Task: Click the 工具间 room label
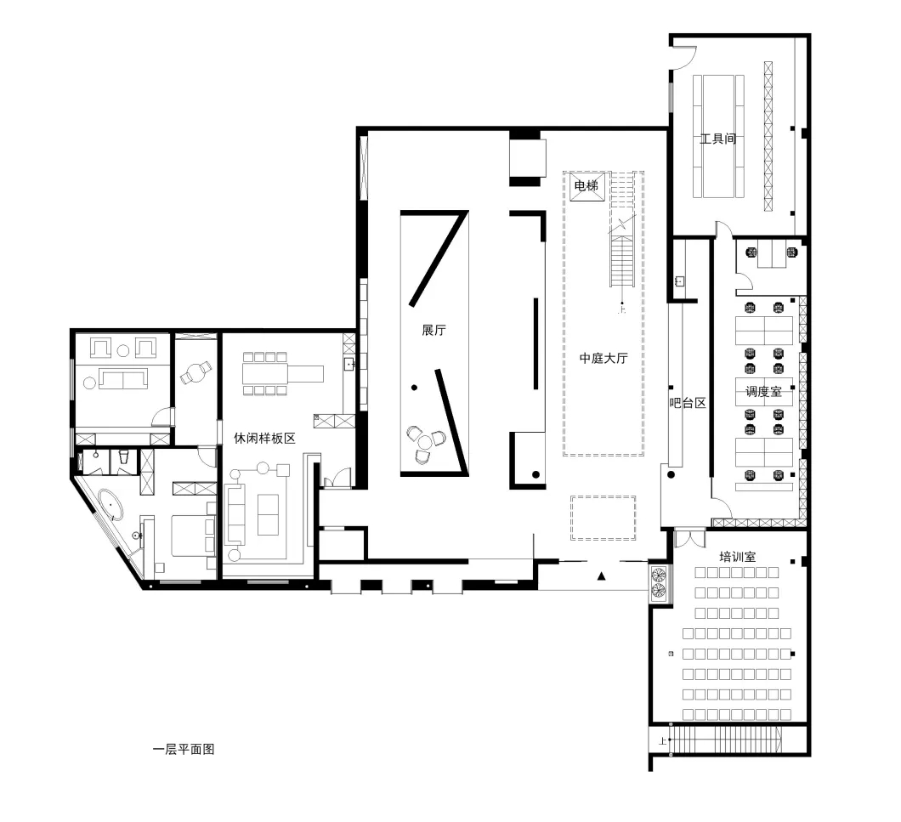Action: click(717, 139)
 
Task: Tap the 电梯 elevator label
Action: click(586, 185)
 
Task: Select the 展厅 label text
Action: click(433, 330)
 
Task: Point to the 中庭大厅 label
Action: click(603, 358)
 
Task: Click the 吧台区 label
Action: click(688, 403)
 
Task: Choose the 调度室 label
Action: click(763, 392)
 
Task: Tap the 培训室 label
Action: click(737, 557)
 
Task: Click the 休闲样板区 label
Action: click(264, 438)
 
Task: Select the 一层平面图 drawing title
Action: click(184, 750)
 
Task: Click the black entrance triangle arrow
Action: click(601, 576)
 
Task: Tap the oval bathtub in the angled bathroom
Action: click(110, 505)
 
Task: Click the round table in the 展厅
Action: click(425, 442)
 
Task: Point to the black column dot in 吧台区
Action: click(671, 475)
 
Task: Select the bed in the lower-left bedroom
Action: click(193, 536)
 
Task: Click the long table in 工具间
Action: click(718, 136)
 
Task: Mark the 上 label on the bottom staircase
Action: click(662, 741)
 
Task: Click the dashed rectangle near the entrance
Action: click(603, 518)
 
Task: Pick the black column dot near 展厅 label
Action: click(414, 388)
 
